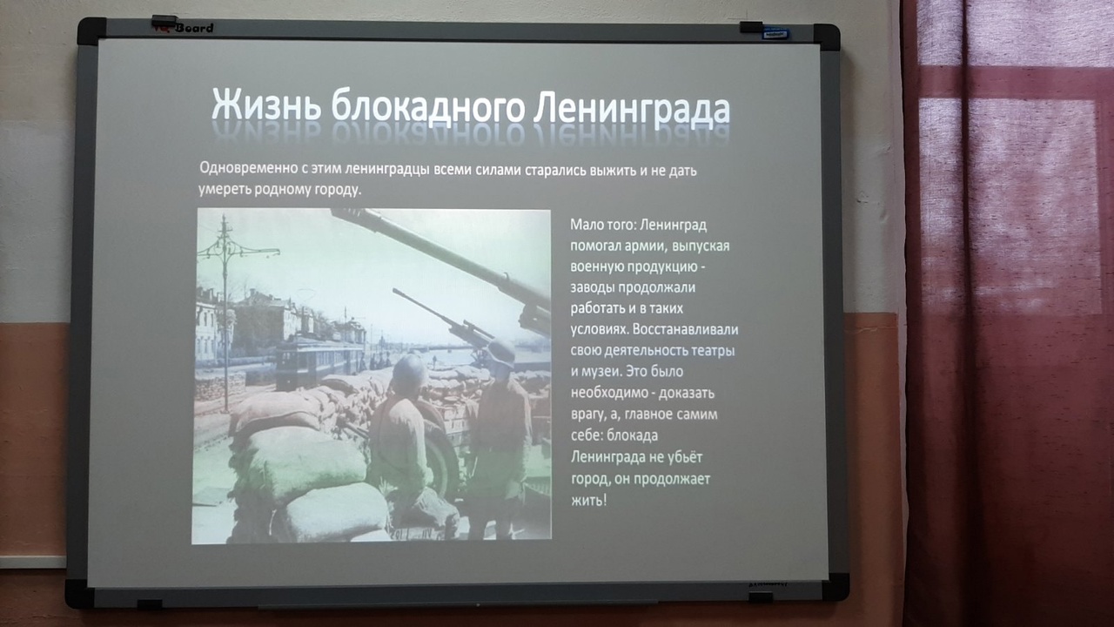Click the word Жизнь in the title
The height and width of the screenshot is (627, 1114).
265,104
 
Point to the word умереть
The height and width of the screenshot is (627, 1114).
225,190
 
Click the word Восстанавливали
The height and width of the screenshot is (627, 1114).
686,329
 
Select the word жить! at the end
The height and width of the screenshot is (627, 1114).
589,500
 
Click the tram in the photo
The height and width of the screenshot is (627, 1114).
319,360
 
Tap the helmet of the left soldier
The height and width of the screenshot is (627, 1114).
409,371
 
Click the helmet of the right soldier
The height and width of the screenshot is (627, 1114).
501,353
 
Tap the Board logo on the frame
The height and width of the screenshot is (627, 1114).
194,28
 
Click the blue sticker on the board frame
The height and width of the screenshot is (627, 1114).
775,34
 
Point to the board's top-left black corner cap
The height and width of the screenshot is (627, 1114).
92,30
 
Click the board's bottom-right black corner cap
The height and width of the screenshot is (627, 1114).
835,586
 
